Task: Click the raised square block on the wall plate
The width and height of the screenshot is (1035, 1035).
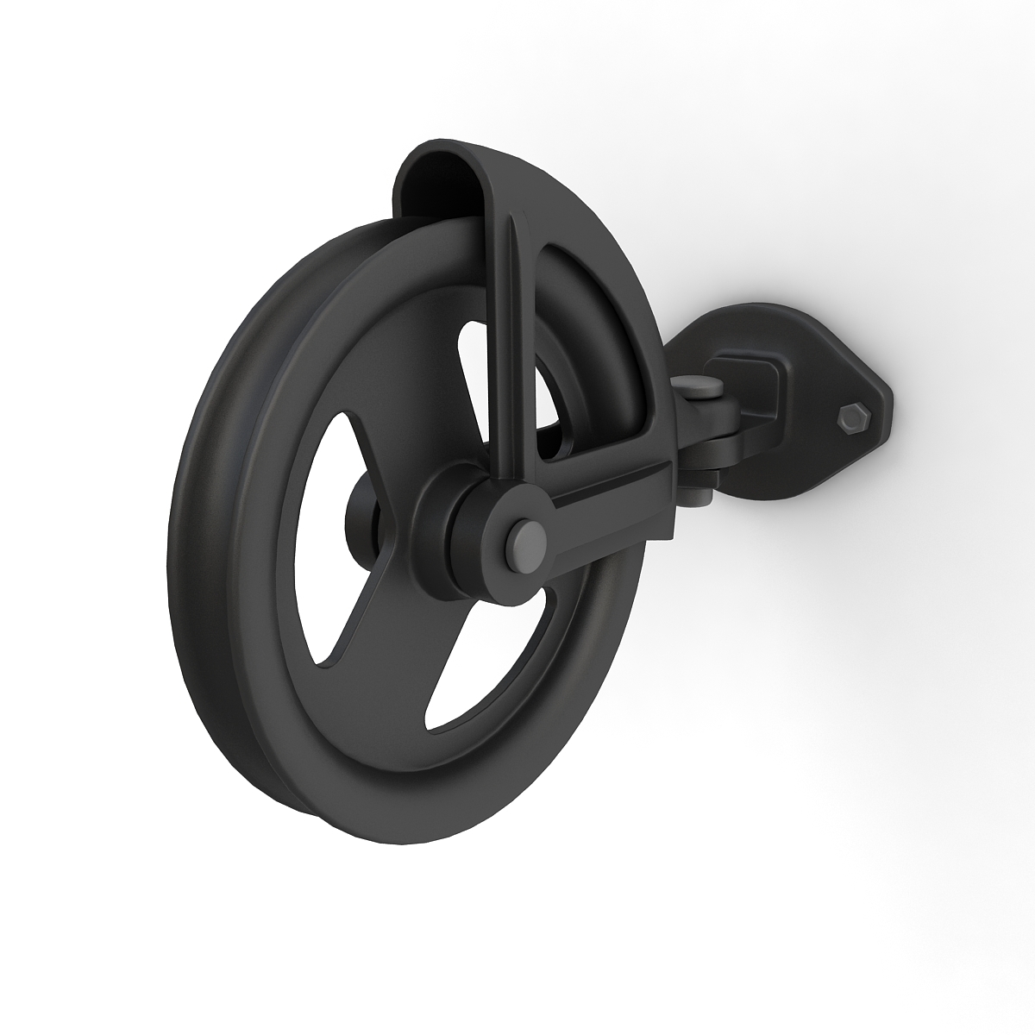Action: coord(759,379)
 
